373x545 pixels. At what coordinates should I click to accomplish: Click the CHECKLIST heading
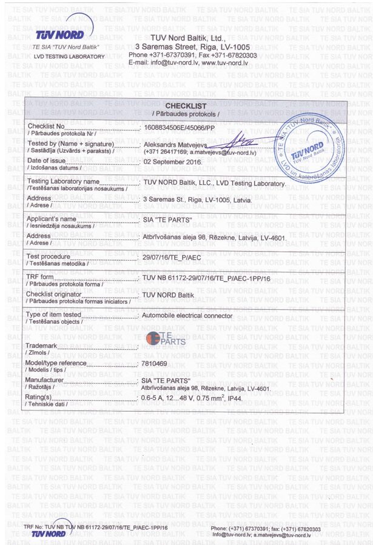click(x=185, y=107)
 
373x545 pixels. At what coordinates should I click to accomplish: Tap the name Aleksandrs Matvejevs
click(x=174, y=145)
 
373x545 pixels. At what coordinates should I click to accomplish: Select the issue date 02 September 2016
click(x=172, y=162)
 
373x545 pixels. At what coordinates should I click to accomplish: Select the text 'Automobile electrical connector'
click(x=186, y=316)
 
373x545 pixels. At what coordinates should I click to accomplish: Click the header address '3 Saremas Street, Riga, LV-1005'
click(x=192, y=46)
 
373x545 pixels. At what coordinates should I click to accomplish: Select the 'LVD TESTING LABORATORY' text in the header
click(x=69, y=56)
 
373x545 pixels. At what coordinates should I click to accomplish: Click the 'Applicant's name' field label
click(x=52, y=218)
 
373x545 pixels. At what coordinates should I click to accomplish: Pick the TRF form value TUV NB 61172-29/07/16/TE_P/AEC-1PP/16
click(x=206, y=278)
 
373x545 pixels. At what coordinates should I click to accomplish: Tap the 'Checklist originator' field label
click(x=55, y=294)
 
